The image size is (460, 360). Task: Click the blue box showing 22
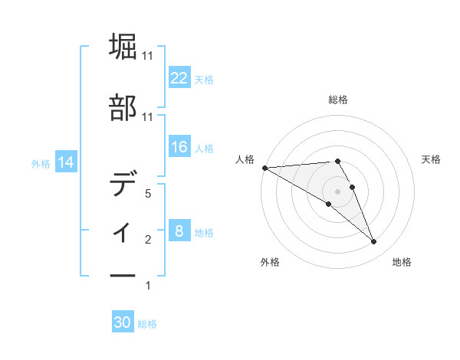[179, 77]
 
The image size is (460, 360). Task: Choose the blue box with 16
[179, 147]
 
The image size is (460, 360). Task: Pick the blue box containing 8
[179, 231]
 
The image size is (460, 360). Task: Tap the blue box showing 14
[66, 162]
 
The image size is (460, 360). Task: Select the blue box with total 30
[123, 322]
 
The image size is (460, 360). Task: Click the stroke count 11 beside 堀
[148, 56]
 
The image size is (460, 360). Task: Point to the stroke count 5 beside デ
[148, 194]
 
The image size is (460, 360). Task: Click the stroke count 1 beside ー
[148, 286]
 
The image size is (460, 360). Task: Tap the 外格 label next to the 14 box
[41, 162]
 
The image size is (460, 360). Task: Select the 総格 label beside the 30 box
[147, 324]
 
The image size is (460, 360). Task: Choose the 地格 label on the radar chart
[402, 262]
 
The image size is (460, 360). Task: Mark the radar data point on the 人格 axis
[264, 168]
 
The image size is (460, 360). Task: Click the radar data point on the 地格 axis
[373, 242]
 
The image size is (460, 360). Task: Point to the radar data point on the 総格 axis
[337, 161]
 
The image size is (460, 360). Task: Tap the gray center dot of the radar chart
[337, 191]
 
